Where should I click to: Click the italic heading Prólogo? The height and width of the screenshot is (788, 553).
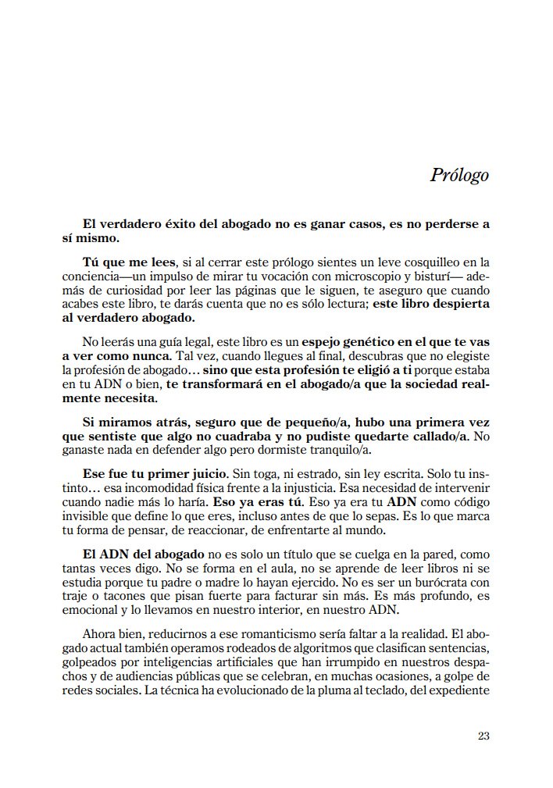pyautogui.click(x=458, y=174)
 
